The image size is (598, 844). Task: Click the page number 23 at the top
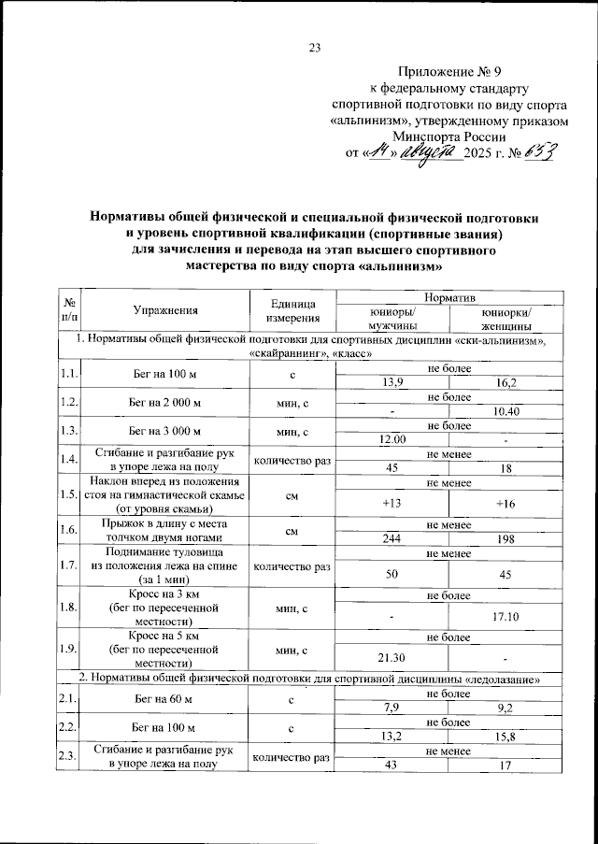pyautogui.click(x=314, y=49)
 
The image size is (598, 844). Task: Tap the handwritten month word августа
pyautogui.click(x=425, y=150)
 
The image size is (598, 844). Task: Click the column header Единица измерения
pyautogui.click(x=292, y=311)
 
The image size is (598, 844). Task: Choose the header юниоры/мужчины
pyautogui.click(x=393, y=320)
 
